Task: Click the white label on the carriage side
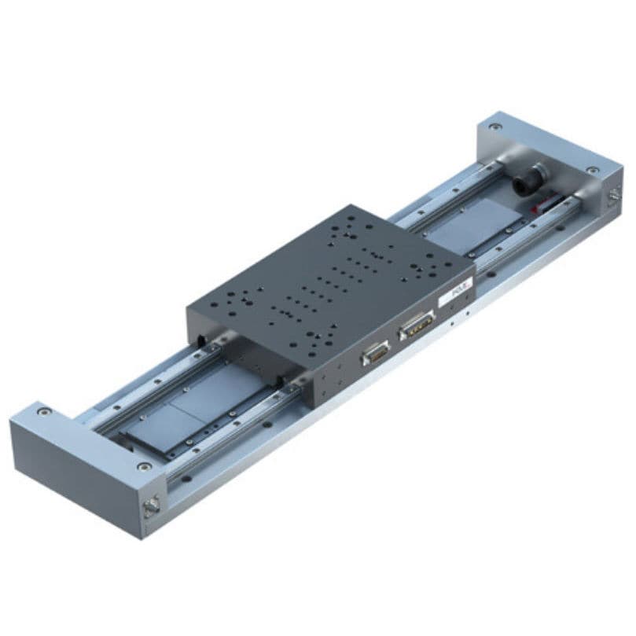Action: coord(457,299)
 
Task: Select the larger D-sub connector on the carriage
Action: coord(417,324)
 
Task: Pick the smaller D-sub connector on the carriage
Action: coord(376,358)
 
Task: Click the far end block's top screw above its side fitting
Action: coord(592,170)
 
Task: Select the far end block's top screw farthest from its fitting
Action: coord(494,125)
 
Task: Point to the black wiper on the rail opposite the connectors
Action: coord(206,341)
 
